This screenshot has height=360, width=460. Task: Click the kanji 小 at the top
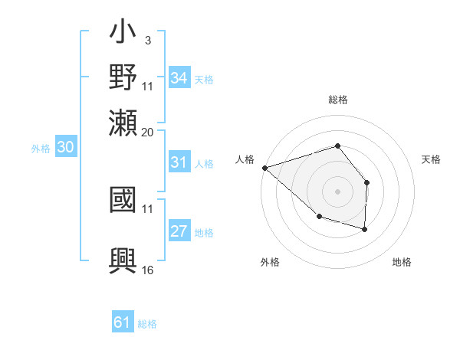(123, 35)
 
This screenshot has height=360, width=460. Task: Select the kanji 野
(123, 77)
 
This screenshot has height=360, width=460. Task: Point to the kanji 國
(123, 201)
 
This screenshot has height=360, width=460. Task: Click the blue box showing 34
(179, 77)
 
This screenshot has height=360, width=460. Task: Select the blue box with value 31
(179, 162)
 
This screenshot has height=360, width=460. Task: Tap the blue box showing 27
(179, 232)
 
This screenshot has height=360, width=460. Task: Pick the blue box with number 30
(65, 148)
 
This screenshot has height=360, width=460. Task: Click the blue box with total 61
(123, 322)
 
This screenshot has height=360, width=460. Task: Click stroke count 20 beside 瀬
(148, 132)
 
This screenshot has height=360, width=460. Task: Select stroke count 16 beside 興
(148, 270)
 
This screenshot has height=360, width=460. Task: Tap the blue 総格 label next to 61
(147, 324)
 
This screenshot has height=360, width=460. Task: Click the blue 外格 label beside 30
(41, 149)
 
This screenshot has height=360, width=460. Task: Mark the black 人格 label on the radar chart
(245, 159)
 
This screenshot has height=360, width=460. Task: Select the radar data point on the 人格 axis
(264, 167)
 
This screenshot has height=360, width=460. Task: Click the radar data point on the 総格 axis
(337, 146)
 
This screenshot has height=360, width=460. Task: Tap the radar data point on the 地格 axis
(365, 229)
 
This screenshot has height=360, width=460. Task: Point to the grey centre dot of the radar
(337, 191)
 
